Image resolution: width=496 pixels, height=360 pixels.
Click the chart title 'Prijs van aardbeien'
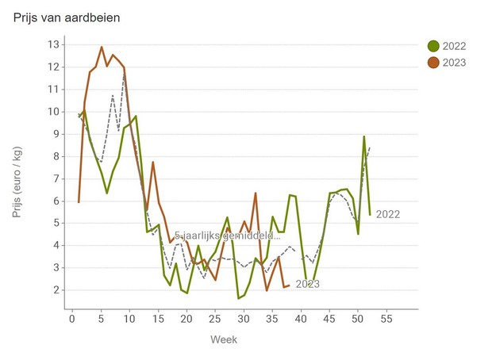pyautogui.click(x=67, y=17)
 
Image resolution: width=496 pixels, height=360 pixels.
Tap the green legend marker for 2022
pyautogui.click(x=433, y=47)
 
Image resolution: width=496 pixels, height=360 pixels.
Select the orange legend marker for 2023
pyautogui.click(x=433, y=63)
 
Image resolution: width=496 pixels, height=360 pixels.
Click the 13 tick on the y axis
pyautogui.click(x=54, y=44)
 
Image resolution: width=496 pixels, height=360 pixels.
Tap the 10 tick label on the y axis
pyautogui.click(x=54, y=112)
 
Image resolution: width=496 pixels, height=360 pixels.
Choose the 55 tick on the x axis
pyautogui.click(x=386, y=319)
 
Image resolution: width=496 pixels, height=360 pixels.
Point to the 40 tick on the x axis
pyautogui.click(x=301, y=319)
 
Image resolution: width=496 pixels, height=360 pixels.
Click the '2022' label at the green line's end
pyautogui.click(x=388, y=214)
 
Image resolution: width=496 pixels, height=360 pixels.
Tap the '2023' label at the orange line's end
pyautogui.click(x=308, y=284)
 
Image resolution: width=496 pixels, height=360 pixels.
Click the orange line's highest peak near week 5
pyautogui.click(x=102, y=47)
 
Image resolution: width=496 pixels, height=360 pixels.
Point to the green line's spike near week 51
pyautogui.click(x=364, y=136)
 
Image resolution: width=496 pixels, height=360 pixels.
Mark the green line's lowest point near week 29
pyautogui.click(x=238, y=298)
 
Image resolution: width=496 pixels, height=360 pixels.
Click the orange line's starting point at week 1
pyautogui.click(x=79, y=202)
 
